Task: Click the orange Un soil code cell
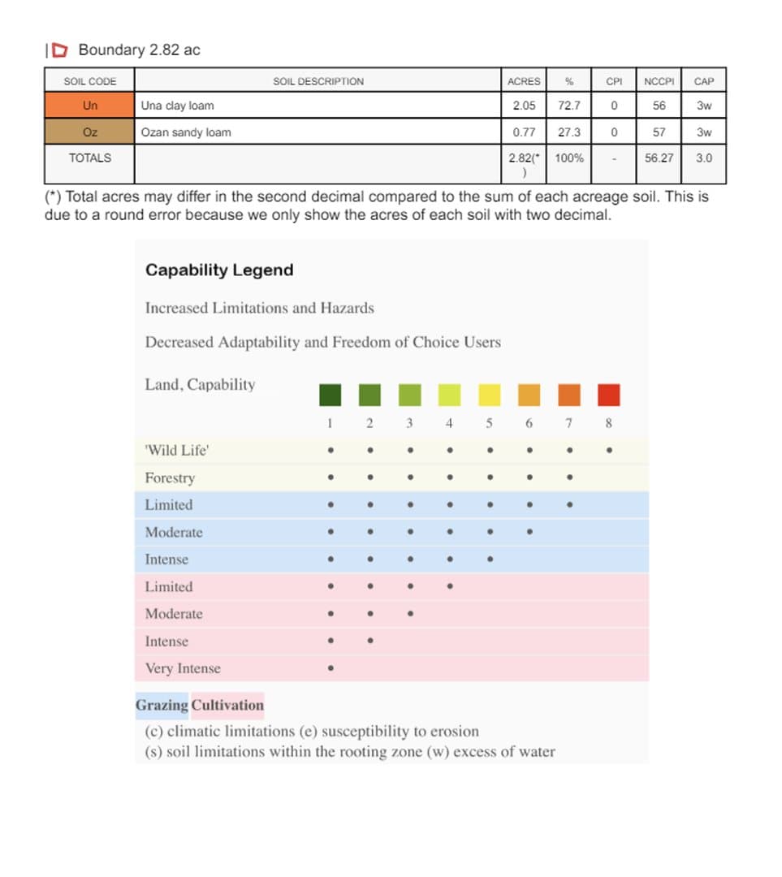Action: (89, 106)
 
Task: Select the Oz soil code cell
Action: (89, 132)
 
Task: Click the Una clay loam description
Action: (178, 106)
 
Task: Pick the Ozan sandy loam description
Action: (186, 132)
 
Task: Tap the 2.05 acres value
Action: (524, 106)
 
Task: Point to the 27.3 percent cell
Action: (568, 132)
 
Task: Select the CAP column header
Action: (704, 81)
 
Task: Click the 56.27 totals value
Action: (659, 158)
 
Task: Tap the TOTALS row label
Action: (89, 158)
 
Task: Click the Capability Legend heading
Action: (219, 270)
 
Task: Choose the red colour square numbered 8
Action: (609, 395)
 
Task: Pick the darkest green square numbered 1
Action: (330, 395)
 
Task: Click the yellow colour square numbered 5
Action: (490, 395)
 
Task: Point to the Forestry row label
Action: (170, 477)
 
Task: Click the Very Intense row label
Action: (183, 668)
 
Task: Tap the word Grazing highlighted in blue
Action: (162, 705)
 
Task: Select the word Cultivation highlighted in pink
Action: (228, 705)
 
